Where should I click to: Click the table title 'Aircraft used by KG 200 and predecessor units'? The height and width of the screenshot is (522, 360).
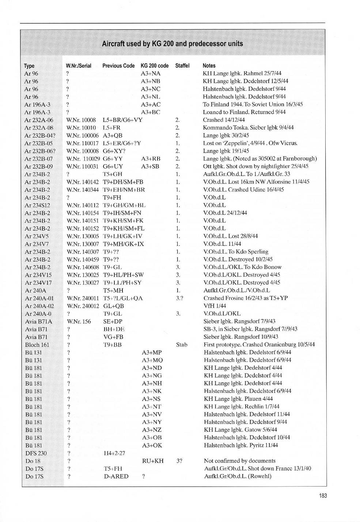pyautogui.click(x=172, y=44)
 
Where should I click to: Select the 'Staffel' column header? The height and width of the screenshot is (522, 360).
pyautogui.click(x=182, y=66)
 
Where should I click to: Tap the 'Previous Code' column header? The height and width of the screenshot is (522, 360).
pyautogui.click(x=118, y=66)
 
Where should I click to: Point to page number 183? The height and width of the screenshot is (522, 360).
pyautogui.click(x=323, y=496)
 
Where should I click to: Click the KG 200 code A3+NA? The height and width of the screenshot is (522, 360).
pyautogui.click(x=151, y=74)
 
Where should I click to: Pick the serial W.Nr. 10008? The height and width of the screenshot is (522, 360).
pyautogui.click(x=81, y=120)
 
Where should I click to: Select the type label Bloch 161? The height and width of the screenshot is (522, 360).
pyautogui.click(x=37, y=345)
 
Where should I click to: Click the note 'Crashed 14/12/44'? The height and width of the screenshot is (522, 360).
pyautogui.click(x=224, y=120)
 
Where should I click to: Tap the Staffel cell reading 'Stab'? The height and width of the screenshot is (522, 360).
pyautogui.click(x=182, y=345)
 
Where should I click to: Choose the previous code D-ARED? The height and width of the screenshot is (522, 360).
pyautogui.click(x=116, y=476)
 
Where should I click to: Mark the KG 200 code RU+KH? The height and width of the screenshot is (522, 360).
pyautogui.click(x=153, y=461)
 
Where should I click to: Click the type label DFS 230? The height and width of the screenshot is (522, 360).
pyautogui.click(x=36, y=453)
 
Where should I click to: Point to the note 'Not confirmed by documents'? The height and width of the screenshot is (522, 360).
pyautogui.click(x=239, y=461)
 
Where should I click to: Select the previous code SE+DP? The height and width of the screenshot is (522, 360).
pyautogui.click(x=113, y=322)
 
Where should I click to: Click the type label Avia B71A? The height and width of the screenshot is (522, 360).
pyautogui.click(x=38, y=322)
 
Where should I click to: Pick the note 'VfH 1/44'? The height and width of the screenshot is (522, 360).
pyautogui.click(x=215, y=306)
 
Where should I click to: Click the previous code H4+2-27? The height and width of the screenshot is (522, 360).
pyautogui.click(x=114, y=453)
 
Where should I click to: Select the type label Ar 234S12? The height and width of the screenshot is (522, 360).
pyautogui.click(x=37, y=205)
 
